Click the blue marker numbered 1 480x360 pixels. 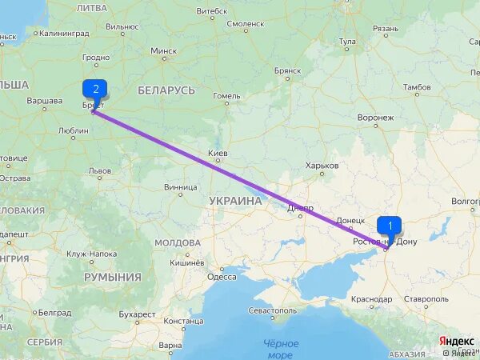pos(390,226)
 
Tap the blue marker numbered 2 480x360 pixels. pos(96,89)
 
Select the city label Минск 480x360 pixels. pos(164,50)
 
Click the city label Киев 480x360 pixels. pos(218,153)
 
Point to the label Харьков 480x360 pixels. pos(322,166)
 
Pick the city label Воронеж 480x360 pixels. pos(375,117)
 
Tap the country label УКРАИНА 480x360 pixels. pos(235,201)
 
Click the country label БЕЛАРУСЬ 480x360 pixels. pos(166,90)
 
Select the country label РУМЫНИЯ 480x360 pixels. pos(113,277)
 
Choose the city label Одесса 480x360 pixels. pos(222,277)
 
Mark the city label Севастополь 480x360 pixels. pos(273,310)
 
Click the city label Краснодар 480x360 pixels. pos(370,298)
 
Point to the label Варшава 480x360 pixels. pos(45,101)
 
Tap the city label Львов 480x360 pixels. pos(100,170)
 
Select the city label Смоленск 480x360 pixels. pos(246,24)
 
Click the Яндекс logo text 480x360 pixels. pos(457,341)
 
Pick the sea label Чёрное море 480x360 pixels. pos(281,349)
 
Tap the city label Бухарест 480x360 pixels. pos(138,314)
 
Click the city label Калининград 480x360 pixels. pos(62,34)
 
